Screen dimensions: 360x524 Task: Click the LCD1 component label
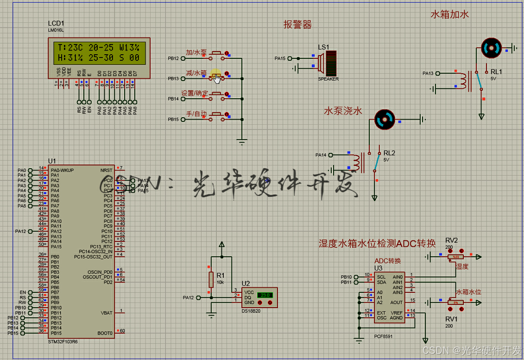pos(56,24)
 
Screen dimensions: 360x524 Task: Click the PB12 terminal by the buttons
pos(183,58)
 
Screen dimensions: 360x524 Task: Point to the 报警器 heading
pos(297,25)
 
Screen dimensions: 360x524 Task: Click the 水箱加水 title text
pos(449,14)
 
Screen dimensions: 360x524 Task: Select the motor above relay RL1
pos(491,47)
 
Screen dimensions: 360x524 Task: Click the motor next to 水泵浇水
pos(384,120)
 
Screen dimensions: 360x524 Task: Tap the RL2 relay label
pos(389,153)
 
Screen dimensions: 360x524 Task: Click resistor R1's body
pos(211,279)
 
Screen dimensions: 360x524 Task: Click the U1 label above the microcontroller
pos(52,160)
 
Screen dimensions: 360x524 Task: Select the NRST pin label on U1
pos(106,170)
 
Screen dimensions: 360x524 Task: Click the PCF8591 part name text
pos(383,336)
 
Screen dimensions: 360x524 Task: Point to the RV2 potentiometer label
pos(451,240)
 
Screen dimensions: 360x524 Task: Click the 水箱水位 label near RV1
pos(468,292)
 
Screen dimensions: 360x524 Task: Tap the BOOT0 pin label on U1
pos(105,333)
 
